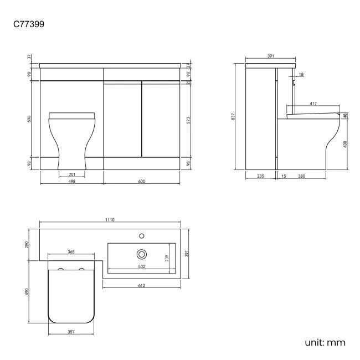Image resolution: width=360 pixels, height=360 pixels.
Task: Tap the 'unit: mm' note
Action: coord(325,342)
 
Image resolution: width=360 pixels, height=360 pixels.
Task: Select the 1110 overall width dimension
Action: coord(110,220)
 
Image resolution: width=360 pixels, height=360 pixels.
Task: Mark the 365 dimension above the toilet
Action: coord(71,251)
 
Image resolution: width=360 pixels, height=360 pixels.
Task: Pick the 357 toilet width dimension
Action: coord(71,332)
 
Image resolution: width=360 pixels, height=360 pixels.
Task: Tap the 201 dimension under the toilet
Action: coord(73,174)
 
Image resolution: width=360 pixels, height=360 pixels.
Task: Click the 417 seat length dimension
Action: coord(313,103)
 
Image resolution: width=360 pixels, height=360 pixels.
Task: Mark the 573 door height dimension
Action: coord(189,120)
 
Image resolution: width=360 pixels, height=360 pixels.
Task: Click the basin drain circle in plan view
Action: coord(141,254)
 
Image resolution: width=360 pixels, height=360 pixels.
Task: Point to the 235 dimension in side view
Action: coord(260,176)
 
